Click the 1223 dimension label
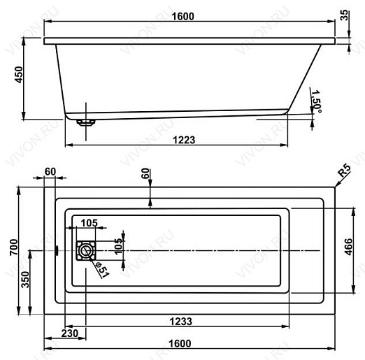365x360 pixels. pos(184,140)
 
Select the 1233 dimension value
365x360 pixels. pos(181,322)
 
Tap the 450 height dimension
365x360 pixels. pos(19,75)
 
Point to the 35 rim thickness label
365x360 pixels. pos(345,15)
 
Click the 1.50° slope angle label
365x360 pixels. pos(316,101)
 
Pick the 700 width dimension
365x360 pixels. pos(14,247)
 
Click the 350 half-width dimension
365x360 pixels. pos(25,280)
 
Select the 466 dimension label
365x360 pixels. pos(348,247)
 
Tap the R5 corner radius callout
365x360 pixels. pos(344,171)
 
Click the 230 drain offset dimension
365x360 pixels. pos(70,333)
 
